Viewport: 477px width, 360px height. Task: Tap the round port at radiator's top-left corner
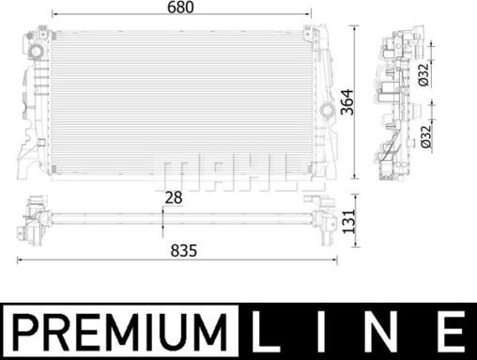click(37, 48)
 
